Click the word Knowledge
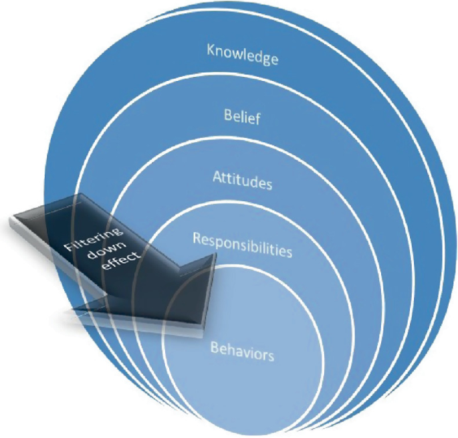point(242,53)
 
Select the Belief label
point(242,117)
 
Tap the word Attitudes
point(242,179)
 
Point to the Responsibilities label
point(242,245)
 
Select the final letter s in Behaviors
point(271,356)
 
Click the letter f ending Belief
point(257,120)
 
